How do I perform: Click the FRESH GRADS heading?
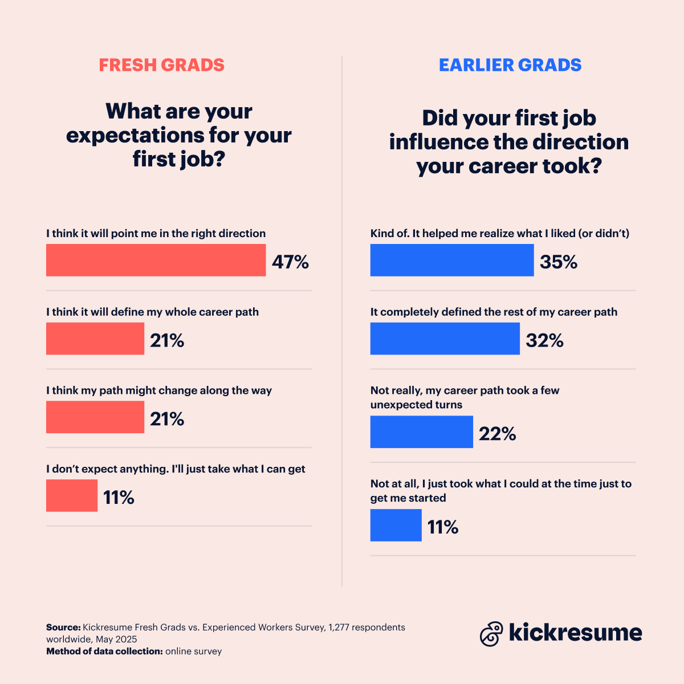[161, 65]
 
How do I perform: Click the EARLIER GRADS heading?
[510, 65]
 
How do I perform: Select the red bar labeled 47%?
[156, 260]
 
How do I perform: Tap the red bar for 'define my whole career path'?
[95, 339]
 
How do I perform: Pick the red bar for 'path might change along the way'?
[95, 417]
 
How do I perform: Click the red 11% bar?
[72, 496]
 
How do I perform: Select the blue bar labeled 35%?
[452, 260]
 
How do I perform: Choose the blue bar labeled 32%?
[445, 339]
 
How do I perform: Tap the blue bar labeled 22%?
[421, 432]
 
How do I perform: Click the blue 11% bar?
[396, 526]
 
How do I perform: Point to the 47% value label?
[290, 262]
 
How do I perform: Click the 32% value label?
[544, 341]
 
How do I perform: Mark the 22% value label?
[497, 434]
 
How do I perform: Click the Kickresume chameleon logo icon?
[491, 634]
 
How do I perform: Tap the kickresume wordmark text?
[575, 633]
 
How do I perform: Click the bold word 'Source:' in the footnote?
[63, 628]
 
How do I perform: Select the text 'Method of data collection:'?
[104, 652]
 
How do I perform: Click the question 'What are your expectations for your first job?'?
[178, 135]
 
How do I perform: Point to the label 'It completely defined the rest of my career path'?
[494, 312]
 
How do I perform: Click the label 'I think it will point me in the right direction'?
[156, 234]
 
